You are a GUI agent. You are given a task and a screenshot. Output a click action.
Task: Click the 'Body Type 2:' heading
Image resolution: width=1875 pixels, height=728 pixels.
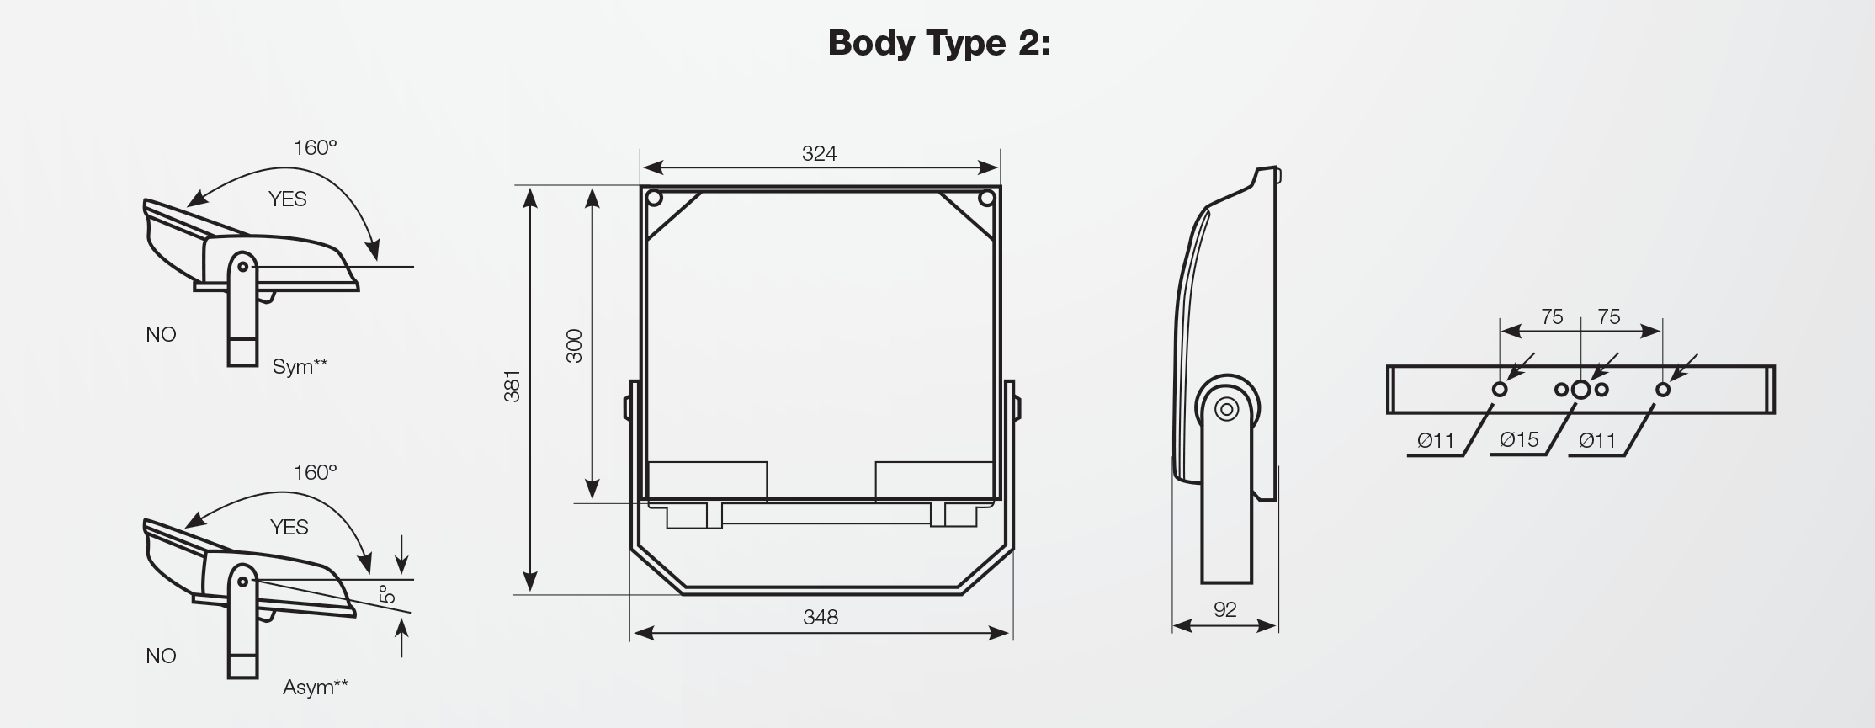coord(939,43)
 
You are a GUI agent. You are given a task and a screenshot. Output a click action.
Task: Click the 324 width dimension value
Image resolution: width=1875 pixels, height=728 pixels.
coord(819,153)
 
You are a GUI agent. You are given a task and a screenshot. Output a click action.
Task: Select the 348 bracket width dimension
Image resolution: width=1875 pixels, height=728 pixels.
coord(821,617)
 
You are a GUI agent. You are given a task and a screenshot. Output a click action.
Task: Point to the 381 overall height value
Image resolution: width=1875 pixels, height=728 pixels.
coord(513,385)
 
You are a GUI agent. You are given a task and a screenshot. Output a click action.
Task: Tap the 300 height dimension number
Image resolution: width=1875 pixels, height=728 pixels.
coord(574,346)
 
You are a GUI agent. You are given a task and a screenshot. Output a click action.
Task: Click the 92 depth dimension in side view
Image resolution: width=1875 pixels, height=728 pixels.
coord(1224,609)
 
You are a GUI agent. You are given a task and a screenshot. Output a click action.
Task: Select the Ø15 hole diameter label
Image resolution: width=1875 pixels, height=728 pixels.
coord(1519,439)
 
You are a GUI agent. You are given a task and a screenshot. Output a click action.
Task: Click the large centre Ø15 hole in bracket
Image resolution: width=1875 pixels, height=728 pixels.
coord(1580,389)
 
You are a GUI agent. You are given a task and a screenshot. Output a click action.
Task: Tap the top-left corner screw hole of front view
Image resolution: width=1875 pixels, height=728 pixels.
coord(654,199)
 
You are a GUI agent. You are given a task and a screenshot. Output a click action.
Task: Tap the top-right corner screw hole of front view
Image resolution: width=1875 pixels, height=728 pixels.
coord(986,199)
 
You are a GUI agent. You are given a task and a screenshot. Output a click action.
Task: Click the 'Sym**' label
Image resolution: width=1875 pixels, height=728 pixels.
coord(300,366)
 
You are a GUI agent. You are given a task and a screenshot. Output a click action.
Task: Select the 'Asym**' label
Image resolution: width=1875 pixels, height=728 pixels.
coord(315,687)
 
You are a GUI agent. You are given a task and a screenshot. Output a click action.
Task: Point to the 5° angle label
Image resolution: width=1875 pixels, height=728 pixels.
coord(387,593)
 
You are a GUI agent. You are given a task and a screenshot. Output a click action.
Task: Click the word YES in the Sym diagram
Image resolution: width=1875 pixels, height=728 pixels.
coord(287,199)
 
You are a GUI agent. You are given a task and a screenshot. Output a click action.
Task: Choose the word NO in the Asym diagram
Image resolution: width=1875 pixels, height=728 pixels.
coord(161,656)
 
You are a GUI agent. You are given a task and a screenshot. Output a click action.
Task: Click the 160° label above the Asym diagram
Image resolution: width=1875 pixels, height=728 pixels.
coord(315,472)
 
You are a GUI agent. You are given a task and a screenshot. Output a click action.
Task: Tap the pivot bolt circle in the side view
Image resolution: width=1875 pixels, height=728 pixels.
coord(1227,409)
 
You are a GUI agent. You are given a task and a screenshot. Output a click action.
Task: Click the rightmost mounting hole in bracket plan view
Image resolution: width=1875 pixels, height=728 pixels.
coord(1662,390)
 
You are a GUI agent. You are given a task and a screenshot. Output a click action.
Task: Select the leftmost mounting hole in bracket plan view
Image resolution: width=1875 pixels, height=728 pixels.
coord(1500,390)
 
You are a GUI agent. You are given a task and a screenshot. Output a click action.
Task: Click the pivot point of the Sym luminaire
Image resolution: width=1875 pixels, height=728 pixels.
coord(243,267)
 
